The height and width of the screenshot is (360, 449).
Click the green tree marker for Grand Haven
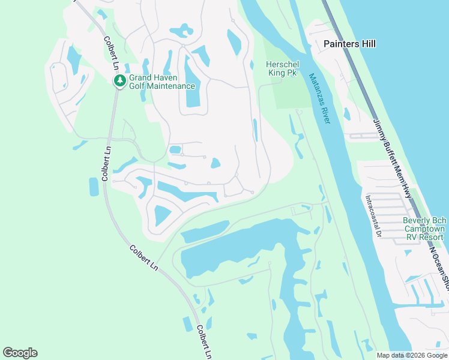point(120,80)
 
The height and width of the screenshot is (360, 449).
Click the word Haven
point(169,77)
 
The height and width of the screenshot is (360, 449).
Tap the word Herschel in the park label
point(283,64)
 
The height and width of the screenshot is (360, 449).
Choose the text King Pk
point(282,73)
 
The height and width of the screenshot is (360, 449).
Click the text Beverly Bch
point(424,220)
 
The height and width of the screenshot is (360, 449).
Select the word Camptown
point(424,229)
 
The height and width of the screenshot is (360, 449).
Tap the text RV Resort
point(424,237)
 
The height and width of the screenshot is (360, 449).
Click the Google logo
point(20,353)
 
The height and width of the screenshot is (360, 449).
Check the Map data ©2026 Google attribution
point(411,355)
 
